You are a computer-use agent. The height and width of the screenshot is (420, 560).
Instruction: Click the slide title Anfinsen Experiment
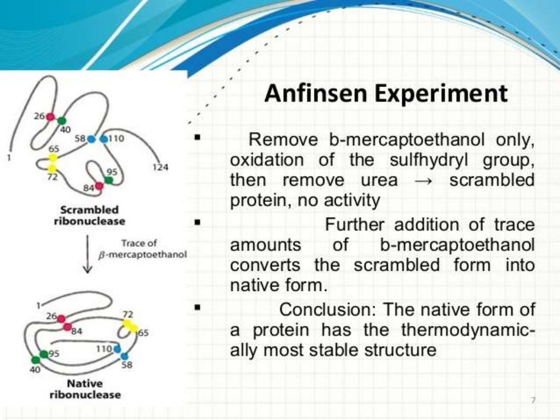(386, 94)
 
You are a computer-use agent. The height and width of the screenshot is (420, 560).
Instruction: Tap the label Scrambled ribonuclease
(89, 215)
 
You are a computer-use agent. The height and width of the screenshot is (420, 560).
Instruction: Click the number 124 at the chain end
(160, 167)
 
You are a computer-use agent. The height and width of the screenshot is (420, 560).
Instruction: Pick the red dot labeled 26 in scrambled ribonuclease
(50, 116)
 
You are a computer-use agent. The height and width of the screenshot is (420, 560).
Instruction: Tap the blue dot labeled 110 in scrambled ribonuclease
(104, 139)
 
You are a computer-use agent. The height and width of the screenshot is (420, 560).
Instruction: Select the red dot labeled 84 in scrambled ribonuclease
(99, 186)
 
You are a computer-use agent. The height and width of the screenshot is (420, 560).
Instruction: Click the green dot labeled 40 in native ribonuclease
(36, 360)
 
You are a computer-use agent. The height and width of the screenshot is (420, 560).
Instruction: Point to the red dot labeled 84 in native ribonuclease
(67, 327)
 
